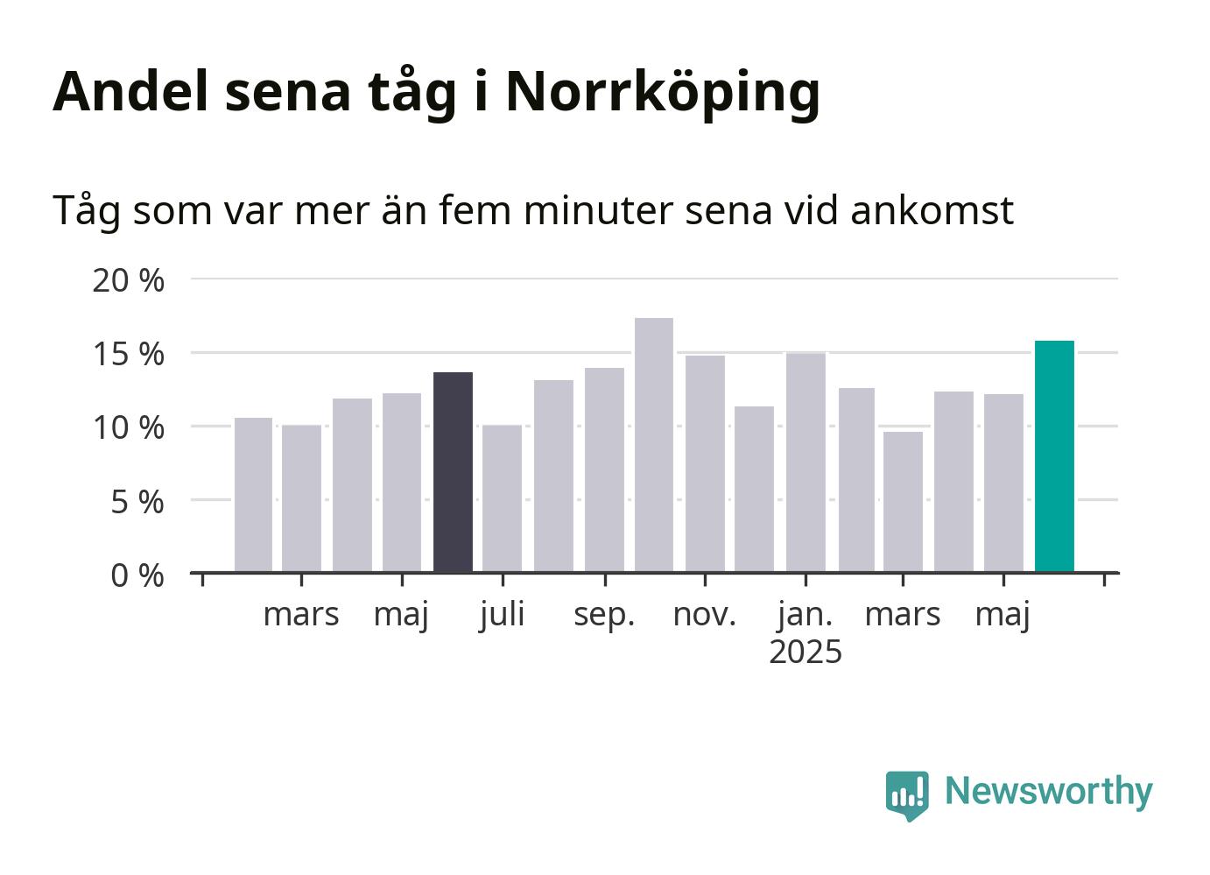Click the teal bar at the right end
point(1054,456)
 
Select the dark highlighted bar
point(453,472)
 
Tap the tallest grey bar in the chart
point(654,445)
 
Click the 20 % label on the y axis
point(128,280)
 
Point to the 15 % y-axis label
point(128,355)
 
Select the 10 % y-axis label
point(128,428)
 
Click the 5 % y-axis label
point(137,502)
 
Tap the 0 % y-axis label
point(137,575)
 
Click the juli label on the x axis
point(502,616)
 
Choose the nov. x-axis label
point(705,616)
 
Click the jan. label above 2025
point(805,616)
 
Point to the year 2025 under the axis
point(805,652)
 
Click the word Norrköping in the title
point(663,93)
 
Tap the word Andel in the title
point(130,91)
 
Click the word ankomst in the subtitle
point(932,210)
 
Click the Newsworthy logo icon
point(907,795)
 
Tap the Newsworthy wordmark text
point(1049,792)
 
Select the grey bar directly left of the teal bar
point(1003,483)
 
